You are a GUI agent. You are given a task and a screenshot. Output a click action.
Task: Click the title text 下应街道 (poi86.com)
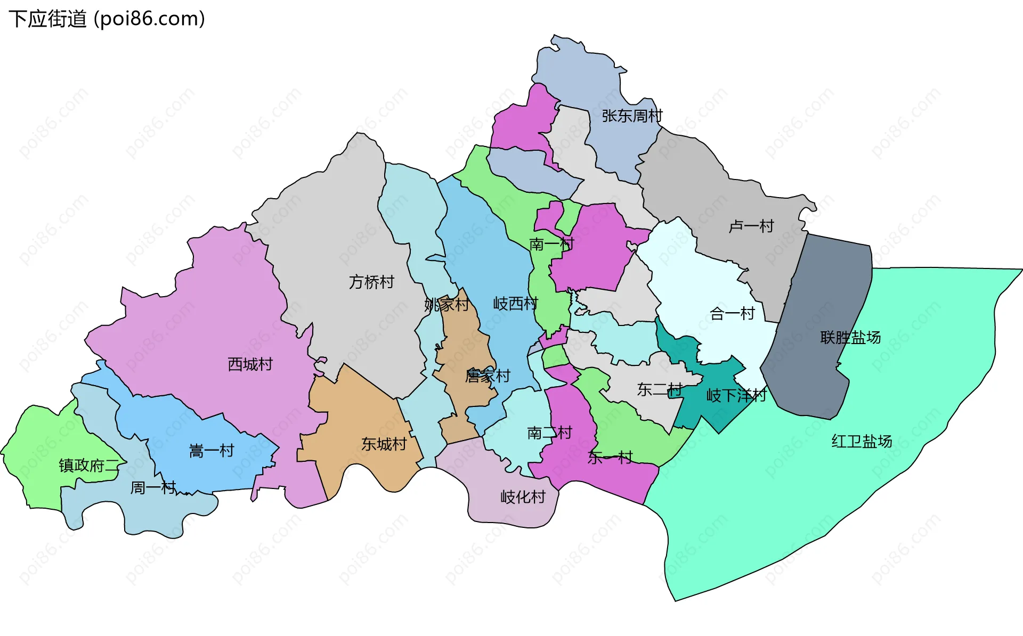(x=107, y=19)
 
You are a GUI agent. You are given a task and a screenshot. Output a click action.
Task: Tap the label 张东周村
(x=632, y=116)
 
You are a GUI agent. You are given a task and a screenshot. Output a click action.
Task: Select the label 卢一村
(x=751, y=226)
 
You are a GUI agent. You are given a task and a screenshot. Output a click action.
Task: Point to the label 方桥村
(x=371, y=282)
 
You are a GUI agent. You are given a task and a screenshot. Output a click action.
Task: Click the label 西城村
(x=250, y=364)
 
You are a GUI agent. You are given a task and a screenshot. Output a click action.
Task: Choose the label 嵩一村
(x=212, y=451)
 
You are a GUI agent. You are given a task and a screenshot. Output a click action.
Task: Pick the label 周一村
(x=153, y=487)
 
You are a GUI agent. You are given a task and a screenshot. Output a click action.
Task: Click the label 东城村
(x=384, y=444)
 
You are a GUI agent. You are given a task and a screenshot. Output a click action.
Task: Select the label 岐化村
(x=523, y=497)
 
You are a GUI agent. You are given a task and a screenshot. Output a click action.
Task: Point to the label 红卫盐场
(x=862, y=441)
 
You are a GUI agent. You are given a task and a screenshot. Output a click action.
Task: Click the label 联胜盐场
(x=850, y=337)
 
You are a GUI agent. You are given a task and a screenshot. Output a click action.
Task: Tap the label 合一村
(x=732, y=313)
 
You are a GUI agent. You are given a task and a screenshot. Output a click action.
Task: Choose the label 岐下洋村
(x=736, y=395)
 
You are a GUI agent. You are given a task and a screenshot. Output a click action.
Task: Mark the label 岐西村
(x=515, y=304)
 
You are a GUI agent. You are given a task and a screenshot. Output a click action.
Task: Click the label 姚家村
(x=446, y=305)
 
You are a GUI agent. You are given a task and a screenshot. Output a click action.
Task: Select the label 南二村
(x=549, y=433)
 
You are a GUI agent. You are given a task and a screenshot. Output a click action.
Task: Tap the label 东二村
(x=660, y=389)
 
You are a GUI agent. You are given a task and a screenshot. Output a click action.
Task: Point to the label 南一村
(x=551, y=244)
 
